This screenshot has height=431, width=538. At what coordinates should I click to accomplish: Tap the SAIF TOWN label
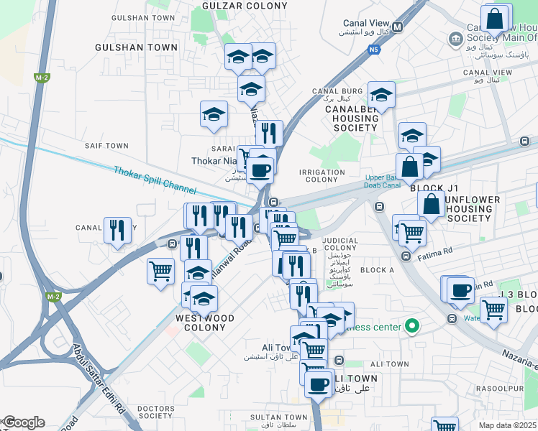click(x=106, y=146)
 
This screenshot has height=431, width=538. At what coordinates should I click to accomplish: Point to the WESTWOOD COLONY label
click(x=205, y=323)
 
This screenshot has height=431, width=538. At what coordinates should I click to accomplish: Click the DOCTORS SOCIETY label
click(x=155, y=411)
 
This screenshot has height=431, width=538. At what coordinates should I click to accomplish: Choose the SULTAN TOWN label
click(x=278, y=417)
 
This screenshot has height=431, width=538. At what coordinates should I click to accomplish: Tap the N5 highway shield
click(x=373, y=50)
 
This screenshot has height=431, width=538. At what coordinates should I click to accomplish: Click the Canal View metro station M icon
click(x=398, y=27)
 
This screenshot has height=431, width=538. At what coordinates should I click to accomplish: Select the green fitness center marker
click(x=412, y=327)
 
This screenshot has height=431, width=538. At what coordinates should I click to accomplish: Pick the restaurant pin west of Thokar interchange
click(x=117, y=230)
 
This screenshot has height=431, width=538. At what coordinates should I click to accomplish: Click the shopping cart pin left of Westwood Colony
click(x=160, y=271)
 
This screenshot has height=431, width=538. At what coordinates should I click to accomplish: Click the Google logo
click(x=23, y=422)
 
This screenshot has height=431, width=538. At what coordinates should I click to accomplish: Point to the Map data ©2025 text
click(x=508, y=425)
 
